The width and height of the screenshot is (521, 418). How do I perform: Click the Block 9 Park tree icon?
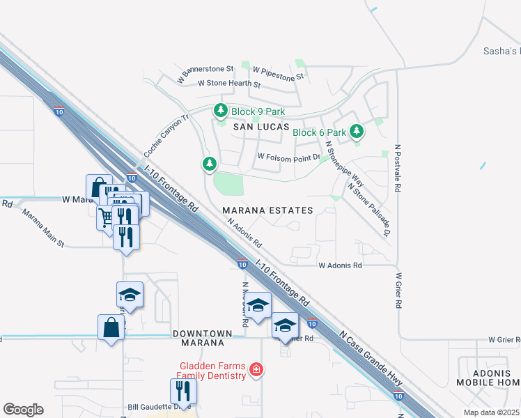tap(221, 111)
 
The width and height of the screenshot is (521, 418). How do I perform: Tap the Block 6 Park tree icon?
tap(357, 131)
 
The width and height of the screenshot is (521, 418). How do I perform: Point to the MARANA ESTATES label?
tap(267, 210)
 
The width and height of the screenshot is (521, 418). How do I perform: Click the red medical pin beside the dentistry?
tap(256, 369)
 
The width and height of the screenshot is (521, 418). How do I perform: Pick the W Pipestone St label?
tap(279, 72)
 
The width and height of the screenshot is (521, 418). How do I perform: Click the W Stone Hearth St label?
tap(228, 84)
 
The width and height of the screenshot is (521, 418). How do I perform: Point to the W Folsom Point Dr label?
tap(288, 157)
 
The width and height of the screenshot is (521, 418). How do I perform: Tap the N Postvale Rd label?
tap(398, 168)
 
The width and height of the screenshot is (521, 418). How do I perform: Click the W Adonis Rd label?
tap(341, 265)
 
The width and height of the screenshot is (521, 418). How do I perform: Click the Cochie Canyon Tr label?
tap(166, 136)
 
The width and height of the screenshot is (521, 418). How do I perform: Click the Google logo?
tap(23, 410)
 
